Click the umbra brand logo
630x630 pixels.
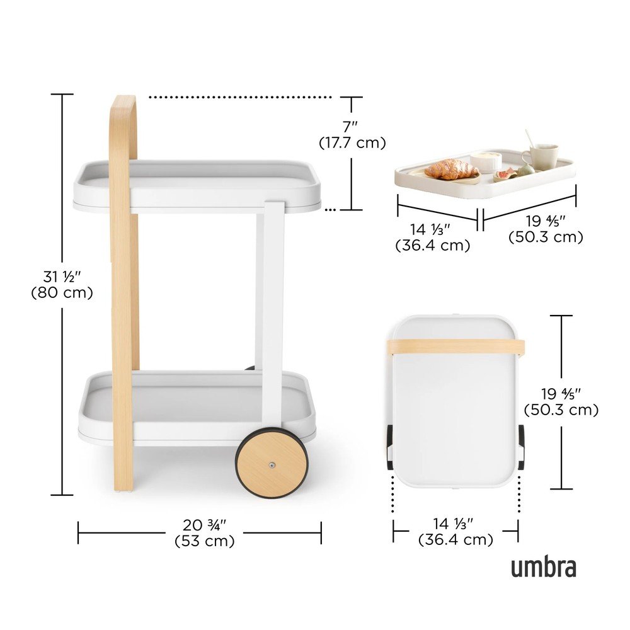coord(543,566)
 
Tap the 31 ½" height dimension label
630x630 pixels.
coord(62,277)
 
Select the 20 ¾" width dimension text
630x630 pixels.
coord(205,525)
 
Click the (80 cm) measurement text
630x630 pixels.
coord(62,292)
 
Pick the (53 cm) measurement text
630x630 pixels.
coord(205,541)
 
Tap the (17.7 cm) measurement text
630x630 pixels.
coord(352,142)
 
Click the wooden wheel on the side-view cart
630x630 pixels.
coord(272,463)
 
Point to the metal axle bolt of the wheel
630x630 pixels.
coord(272,466)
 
